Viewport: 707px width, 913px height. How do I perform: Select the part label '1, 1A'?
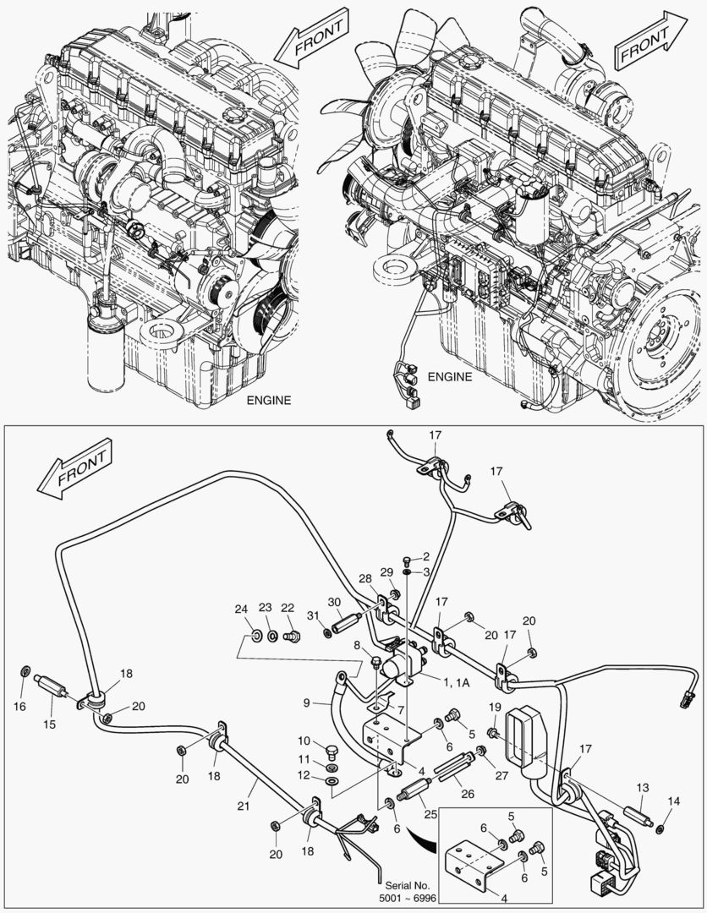tap(458, 681)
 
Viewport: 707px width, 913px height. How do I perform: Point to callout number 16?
tap(19, 706)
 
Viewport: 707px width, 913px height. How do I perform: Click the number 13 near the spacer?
tap(643, 786)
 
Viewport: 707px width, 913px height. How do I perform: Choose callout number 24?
tap(241, 609)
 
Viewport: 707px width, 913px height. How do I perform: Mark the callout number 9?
tap(310, 701)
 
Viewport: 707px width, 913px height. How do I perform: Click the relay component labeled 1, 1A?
tap(405, 659)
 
